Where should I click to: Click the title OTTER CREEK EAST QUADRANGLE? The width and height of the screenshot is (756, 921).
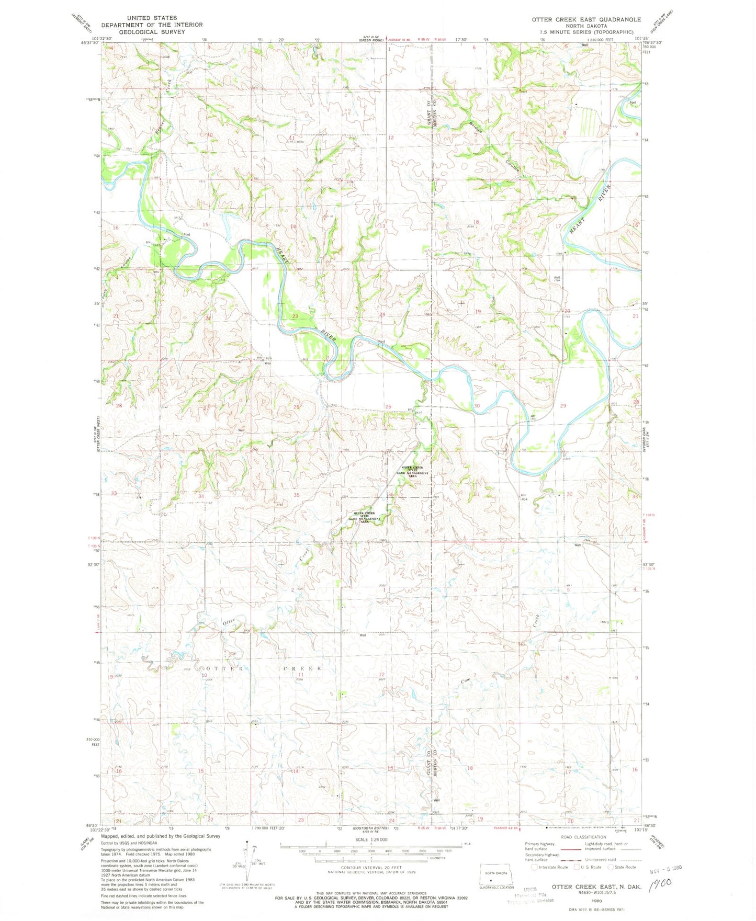586,19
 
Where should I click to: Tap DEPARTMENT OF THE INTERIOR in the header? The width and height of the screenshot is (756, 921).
152,25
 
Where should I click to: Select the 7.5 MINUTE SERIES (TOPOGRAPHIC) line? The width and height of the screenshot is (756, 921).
586,32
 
